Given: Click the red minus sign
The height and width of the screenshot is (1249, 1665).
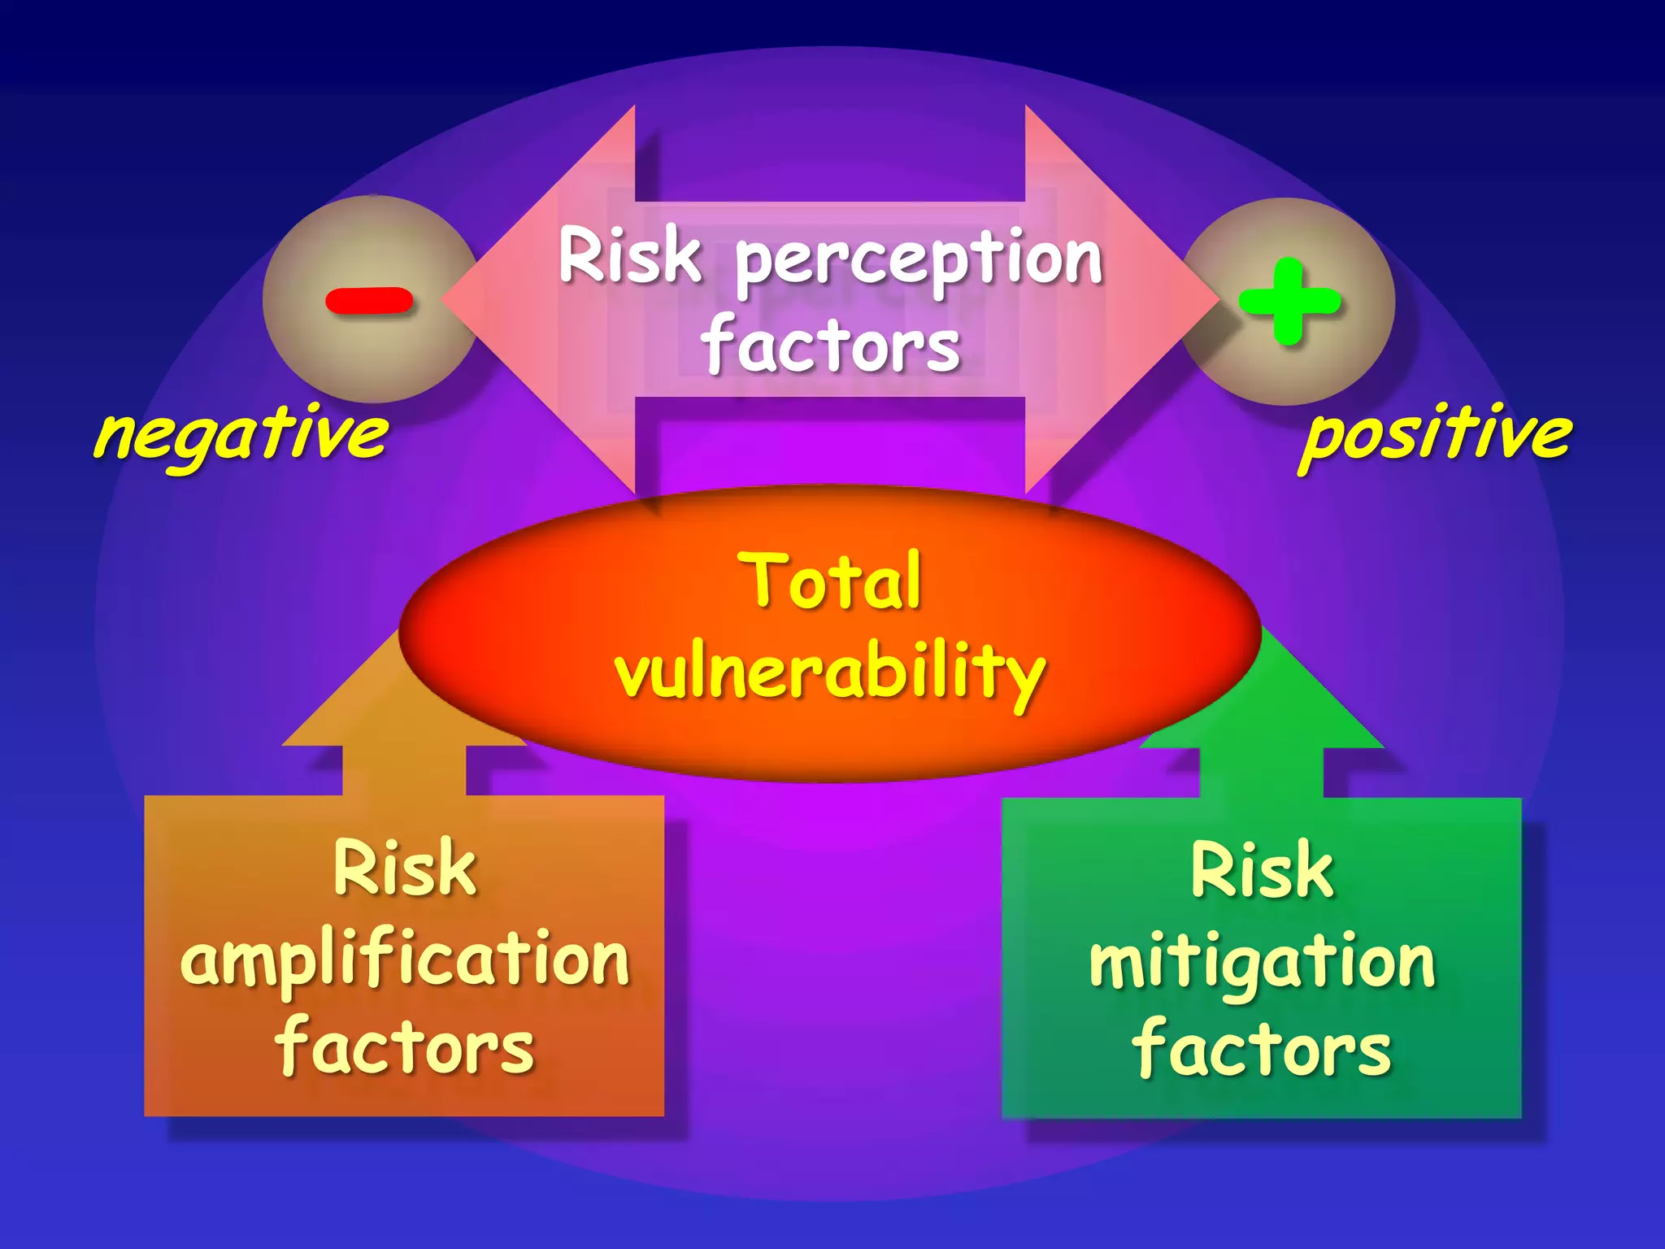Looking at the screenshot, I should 369,301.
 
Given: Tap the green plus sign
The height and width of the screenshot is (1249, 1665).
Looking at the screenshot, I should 1289,301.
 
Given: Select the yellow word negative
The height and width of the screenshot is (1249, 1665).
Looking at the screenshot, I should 241,434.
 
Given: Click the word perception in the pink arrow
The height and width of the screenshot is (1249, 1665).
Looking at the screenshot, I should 919,260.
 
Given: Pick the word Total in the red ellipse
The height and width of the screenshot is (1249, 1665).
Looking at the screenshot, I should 830,581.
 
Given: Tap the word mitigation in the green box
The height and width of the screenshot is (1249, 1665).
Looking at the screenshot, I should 1262,963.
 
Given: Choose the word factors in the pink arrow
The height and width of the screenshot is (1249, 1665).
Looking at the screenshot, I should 831,346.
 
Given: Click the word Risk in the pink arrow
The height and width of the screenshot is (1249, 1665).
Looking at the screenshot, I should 630,256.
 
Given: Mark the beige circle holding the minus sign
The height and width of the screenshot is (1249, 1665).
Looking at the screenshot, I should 325,358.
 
